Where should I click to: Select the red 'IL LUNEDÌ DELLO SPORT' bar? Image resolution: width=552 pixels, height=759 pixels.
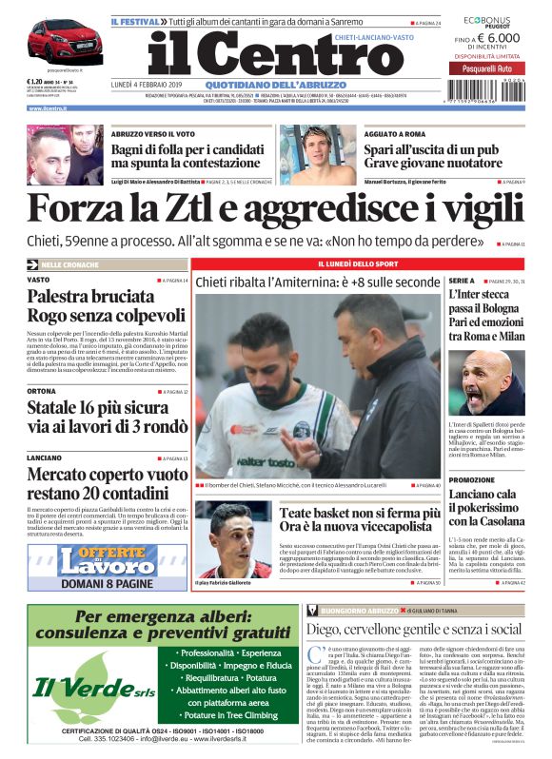click(318, 263)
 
